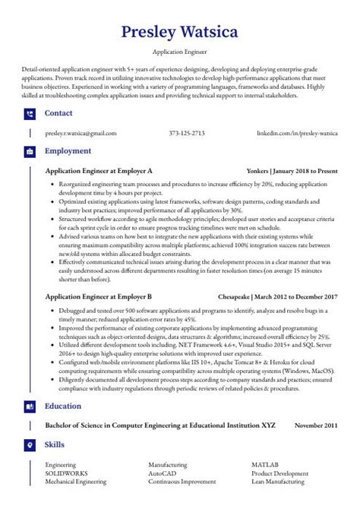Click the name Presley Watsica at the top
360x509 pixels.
[180, 33]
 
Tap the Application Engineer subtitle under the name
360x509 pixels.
[180, 52]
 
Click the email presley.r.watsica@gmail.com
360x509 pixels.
[81, 133]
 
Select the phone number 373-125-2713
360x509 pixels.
[186, 133]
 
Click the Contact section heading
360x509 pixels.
[58, 113]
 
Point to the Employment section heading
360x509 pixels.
[68, 151]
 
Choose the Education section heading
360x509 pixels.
[63, 406]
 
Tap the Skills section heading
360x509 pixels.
[55, 444]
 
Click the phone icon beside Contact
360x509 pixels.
[30, 114]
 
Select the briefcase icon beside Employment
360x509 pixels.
[30, 152]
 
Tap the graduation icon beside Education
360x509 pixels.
[30, 406]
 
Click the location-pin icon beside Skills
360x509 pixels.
[30, 444]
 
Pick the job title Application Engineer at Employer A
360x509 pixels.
[99, 171]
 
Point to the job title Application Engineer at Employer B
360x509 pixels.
[99, 296]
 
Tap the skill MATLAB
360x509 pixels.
[265, 463]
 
